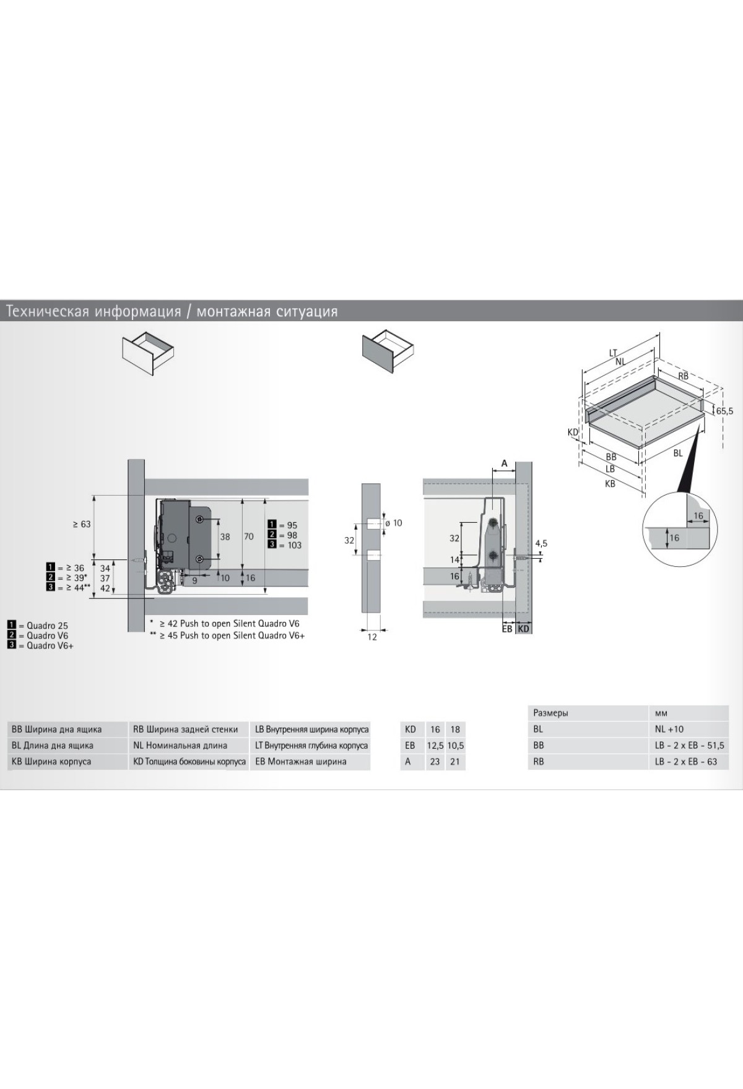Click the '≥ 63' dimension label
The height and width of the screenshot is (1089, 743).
82,524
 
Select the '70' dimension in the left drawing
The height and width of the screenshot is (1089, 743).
248,536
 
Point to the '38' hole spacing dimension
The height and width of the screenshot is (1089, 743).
225,536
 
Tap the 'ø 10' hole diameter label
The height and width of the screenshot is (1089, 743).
393,523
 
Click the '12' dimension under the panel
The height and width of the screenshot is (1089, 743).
371,637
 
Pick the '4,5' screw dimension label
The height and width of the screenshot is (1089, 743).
541,543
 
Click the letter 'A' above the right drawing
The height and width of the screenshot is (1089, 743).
504,463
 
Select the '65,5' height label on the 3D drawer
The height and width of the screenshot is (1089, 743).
724,411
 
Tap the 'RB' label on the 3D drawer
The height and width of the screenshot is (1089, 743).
683,376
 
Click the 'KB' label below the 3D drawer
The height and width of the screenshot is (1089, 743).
610,484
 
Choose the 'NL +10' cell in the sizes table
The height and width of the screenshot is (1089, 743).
669,729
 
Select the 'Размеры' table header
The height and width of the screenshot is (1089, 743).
550,713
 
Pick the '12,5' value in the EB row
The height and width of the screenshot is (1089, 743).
435,746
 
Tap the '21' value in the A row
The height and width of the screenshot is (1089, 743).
455,762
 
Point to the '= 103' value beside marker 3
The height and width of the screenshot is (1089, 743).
290,545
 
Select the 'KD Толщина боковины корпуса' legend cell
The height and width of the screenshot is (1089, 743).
189,762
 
